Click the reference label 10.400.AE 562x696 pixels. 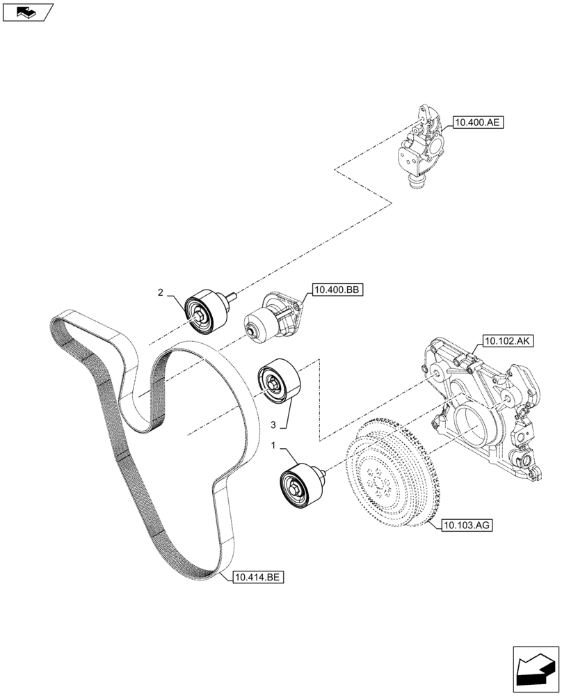[478, 123]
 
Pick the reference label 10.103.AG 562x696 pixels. [466, 525]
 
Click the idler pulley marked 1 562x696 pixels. [300, 484]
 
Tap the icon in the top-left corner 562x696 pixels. [27, 12]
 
